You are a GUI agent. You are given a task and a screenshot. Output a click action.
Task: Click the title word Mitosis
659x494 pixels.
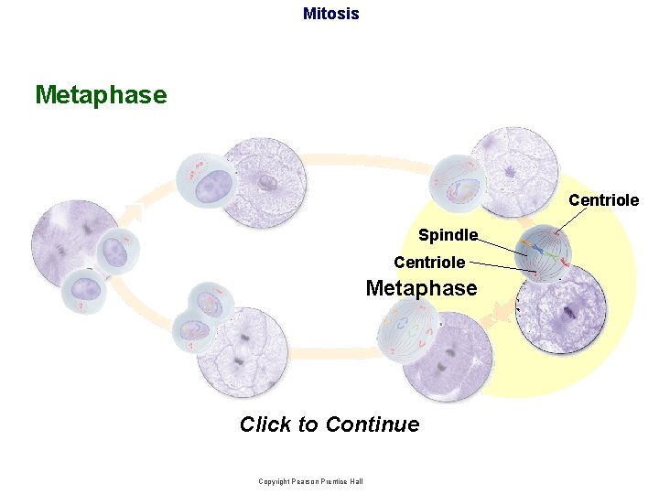(x=330, y=14)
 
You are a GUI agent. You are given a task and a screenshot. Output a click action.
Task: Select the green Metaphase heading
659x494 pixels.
(x=101, y=95)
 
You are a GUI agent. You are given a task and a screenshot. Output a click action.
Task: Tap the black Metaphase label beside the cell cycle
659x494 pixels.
(x=421, y=288)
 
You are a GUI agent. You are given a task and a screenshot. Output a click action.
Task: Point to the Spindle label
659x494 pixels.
(x=448, y=235)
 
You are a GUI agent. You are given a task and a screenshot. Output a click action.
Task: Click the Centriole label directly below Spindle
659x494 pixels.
(x=428, y=263)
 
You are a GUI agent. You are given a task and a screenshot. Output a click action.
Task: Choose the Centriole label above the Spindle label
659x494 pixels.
(x=603, y=199)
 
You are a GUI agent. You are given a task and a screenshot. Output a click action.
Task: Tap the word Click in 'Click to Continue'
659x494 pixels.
(x=265, y=424)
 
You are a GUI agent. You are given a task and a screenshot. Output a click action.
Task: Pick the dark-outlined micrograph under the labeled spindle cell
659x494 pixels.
(x=561, y=309)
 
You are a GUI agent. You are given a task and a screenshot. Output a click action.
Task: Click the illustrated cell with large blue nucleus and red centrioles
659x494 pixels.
(x=208, y=180)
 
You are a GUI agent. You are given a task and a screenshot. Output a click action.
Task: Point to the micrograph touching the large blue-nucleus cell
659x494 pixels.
(x=265, y=180)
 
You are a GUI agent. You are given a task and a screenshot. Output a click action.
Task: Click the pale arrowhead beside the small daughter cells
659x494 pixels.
(x=135, y=212)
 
